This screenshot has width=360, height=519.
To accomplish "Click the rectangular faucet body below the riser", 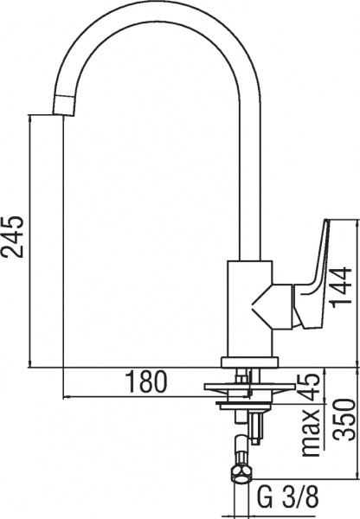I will click(247, 307).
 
